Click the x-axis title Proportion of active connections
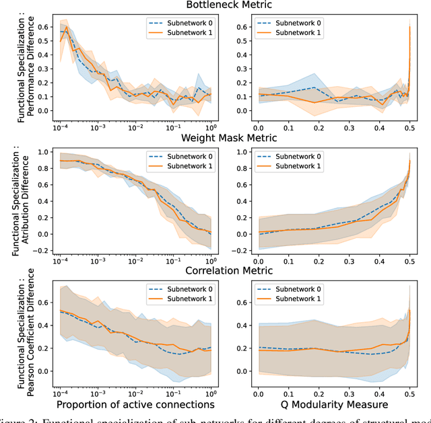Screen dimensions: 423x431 click(x=135, y=405)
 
